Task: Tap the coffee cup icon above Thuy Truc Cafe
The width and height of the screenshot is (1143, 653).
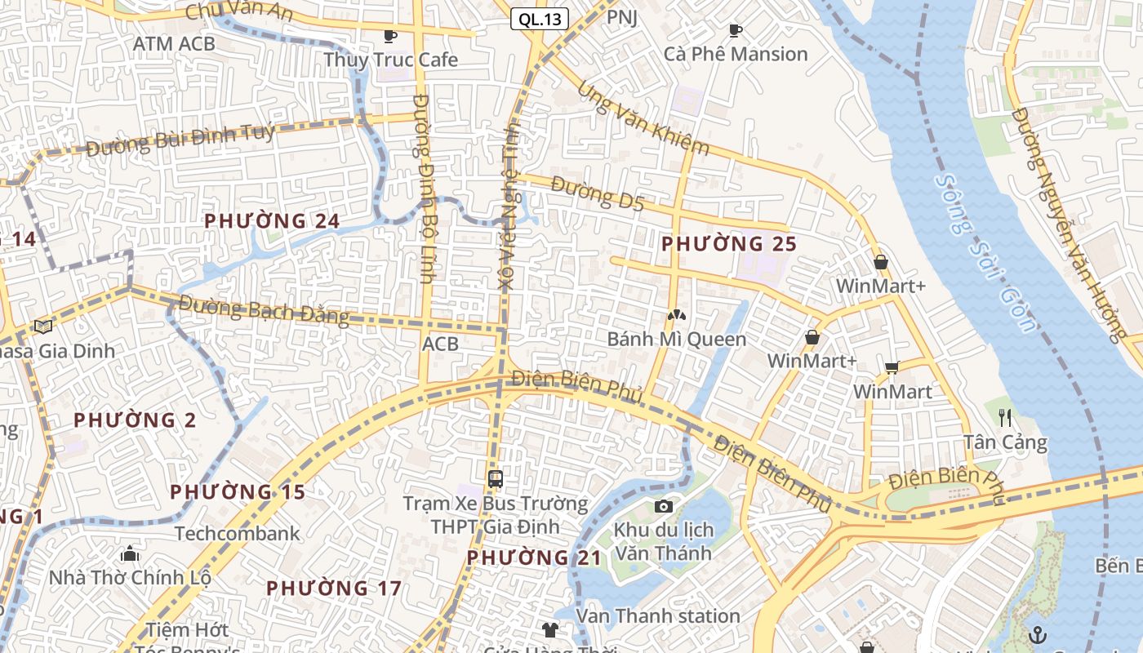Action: point(390,35)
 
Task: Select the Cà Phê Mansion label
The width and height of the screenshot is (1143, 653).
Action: point(735,54)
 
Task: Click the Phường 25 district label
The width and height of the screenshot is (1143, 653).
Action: point(728,243)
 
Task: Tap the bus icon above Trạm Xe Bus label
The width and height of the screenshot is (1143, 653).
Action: point(495,478)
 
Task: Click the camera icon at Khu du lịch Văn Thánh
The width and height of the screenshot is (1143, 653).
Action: point(663,506)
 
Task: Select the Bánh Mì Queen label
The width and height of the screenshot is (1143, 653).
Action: point(676,339)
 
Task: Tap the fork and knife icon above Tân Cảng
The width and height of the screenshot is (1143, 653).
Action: point(1005,418)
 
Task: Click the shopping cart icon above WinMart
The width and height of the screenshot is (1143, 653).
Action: point(892,367)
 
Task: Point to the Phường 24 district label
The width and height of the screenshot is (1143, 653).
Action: point(271,220)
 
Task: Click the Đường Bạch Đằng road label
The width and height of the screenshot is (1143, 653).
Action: point(264,310)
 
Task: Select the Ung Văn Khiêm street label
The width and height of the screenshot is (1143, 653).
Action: point(643,118)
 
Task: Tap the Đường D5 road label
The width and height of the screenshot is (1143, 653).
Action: point(597,193)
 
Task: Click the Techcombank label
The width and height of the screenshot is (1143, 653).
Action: point(237,533)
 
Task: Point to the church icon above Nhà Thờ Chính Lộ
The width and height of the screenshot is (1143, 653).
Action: point(129,554)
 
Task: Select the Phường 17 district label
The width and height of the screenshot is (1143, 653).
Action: point(333,588)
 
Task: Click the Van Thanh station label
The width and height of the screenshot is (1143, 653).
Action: point(658,615)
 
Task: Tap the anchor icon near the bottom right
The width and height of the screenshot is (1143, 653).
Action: point(1037,634)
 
